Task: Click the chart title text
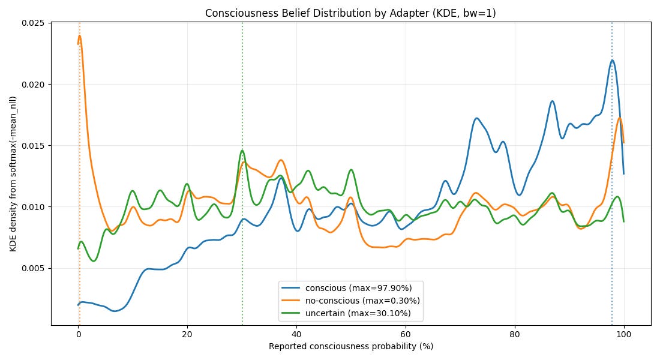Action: click(350, 13)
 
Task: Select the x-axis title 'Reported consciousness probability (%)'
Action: click(350, 347)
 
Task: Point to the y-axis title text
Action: click(13, 174)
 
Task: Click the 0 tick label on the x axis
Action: click(78, 335)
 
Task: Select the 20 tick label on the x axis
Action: click(187, 335)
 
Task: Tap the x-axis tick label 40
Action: click(296, 335)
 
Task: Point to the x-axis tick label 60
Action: click(406, 335)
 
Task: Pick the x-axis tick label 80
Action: click(515, 335)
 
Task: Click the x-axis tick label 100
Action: click(624, 335)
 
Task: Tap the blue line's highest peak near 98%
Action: click(612, 60)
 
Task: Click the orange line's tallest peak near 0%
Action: click(79, 36)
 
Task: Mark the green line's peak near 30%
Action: click(242, 151)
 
